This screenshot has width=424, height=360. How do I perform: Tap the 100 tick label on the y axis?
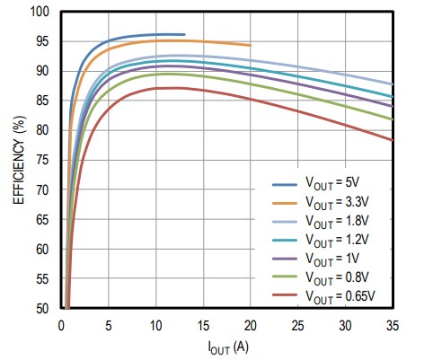[x=40, y=13]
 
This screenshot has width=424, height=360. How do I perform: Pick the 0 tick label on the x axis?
[x=61, y=323]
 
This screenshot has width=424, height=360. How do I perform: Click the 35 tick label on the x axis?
[x=392, y=323]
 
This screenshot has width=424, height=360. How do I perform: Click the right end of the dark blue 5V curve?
[x=183, y=35]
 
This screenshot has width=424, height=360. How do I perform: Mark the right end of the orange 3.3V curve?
[x=250, y=45]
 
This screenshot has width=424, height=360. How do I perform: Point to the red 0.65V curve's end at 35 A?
[x=392, y=140]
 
